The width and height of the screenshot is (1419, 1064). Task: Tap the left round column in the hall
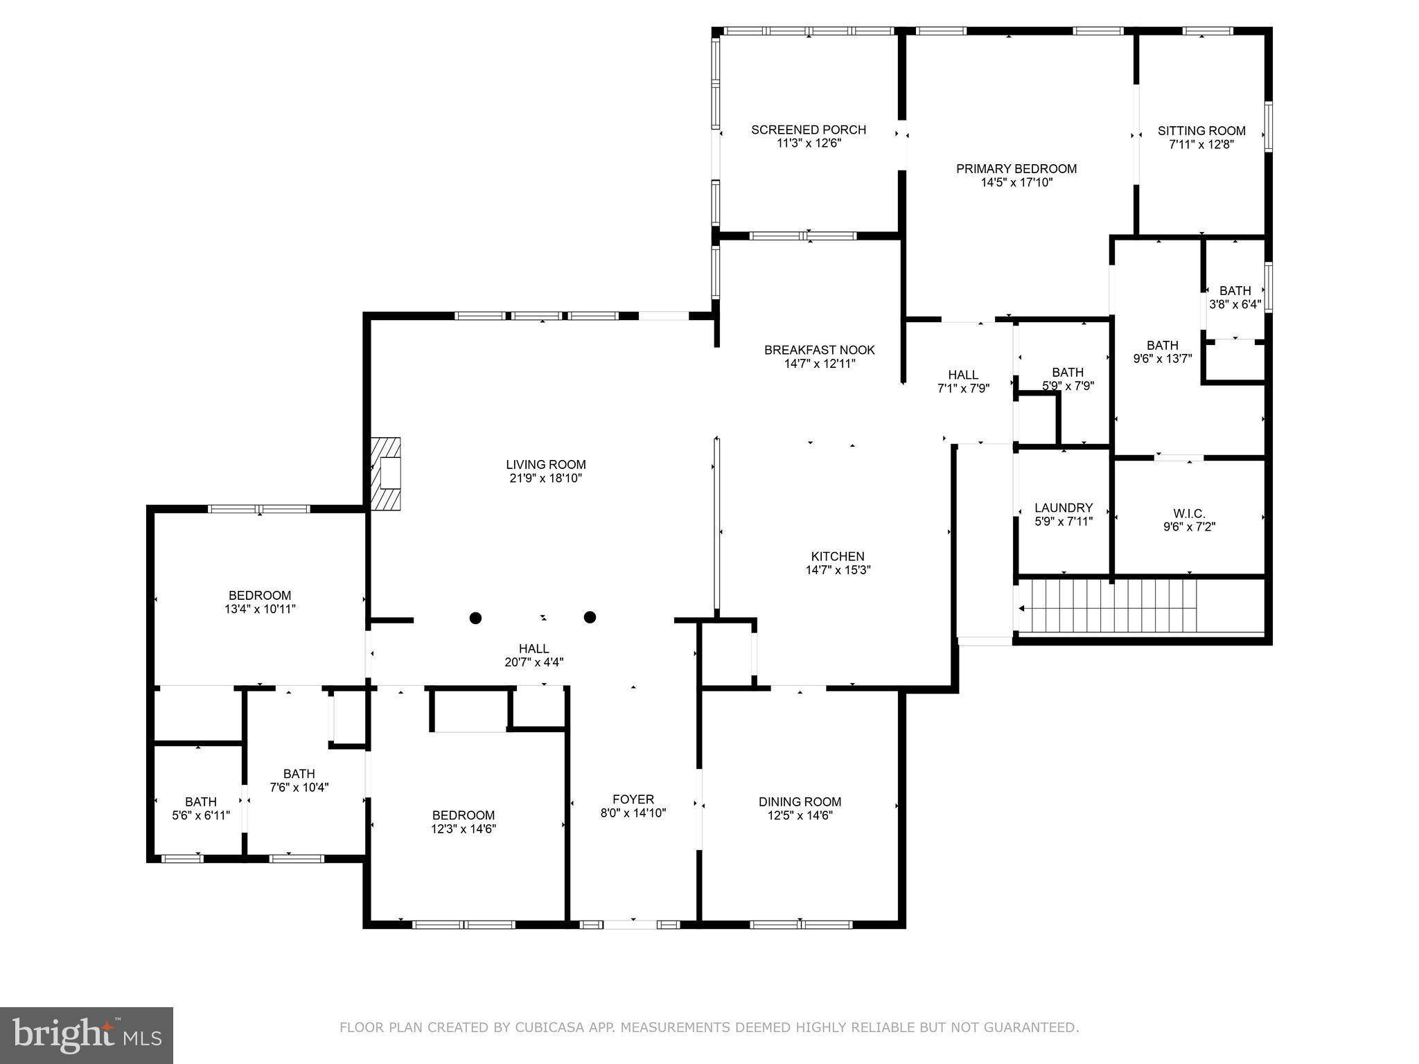(475, 617)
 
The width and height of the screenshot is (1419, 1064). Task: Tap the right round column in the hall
(590, 617)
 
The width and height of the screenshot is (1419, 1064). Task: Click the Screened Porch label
(809, 130)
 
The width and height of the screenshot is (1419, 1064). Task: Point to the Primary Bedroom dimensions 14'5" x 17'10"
(1016, 183)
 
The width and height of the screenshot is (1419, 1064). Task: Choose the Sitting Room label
(1201, 131)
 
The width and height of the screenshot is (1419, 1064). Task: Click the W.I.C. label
(1189, 513)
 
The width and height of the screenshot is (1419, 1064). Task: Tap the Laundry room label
(1064, 508)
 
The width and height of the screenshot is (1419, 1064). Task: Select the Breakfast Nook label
(820, 350)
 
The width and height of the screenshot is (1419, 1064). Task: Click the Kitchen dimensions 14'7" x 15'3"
(838, 570)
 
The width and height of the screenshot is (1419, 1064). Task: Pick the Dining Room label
(800, 801)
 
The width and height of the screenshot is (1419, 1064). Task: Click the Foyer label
(633, 799)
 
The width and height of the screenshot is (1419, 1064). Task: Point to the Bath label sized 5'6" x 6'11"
(200, 802)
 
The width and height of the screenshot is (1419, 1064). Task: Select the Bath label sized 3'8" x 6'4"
(1235, 291)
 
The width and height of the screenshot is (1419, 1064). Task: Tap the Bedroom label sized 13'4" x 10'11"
(260, 595)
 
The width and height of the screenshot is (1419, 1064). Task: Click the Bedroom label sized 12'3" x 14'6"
(464, 815)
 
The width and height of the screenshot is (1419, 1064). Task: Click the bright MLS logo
(87, 1035)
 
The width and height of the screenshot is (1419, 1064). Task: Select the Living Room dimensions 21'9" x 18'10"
(546, 479)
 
